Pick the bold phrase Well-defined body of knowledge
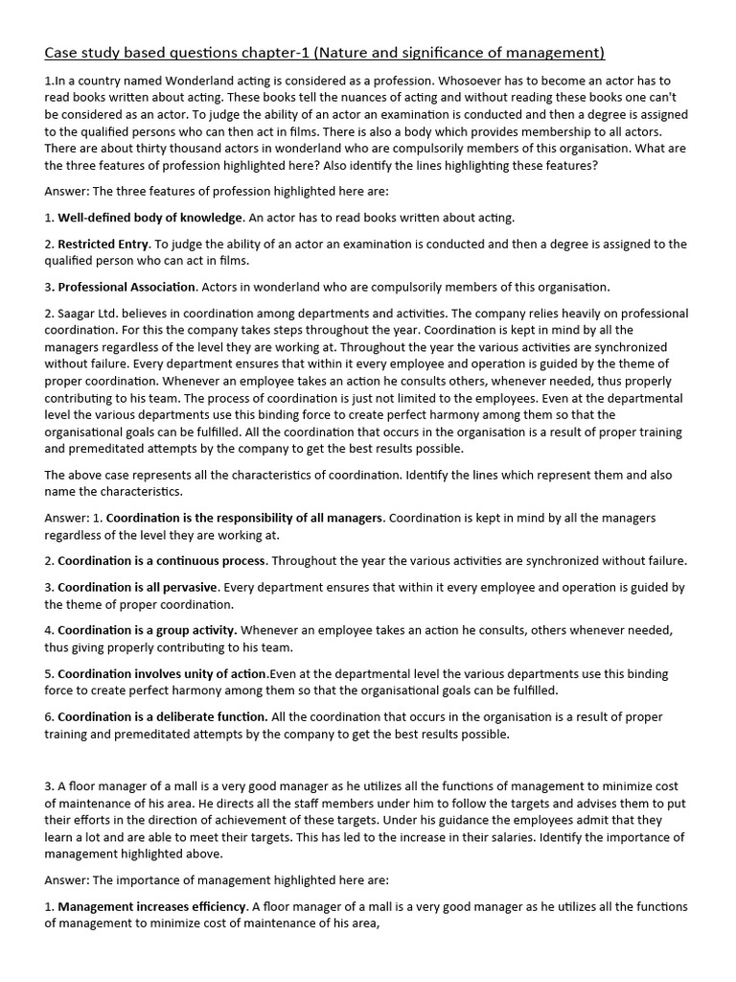click(x=151, y=218)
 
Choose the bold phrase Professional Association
click(x=126, y=287)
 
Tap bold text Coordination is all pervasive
click(x=138, y=587)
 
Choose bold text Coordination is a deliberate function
click(x=162, y=716)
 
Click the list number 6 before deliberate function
click(x=48, y=716)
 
